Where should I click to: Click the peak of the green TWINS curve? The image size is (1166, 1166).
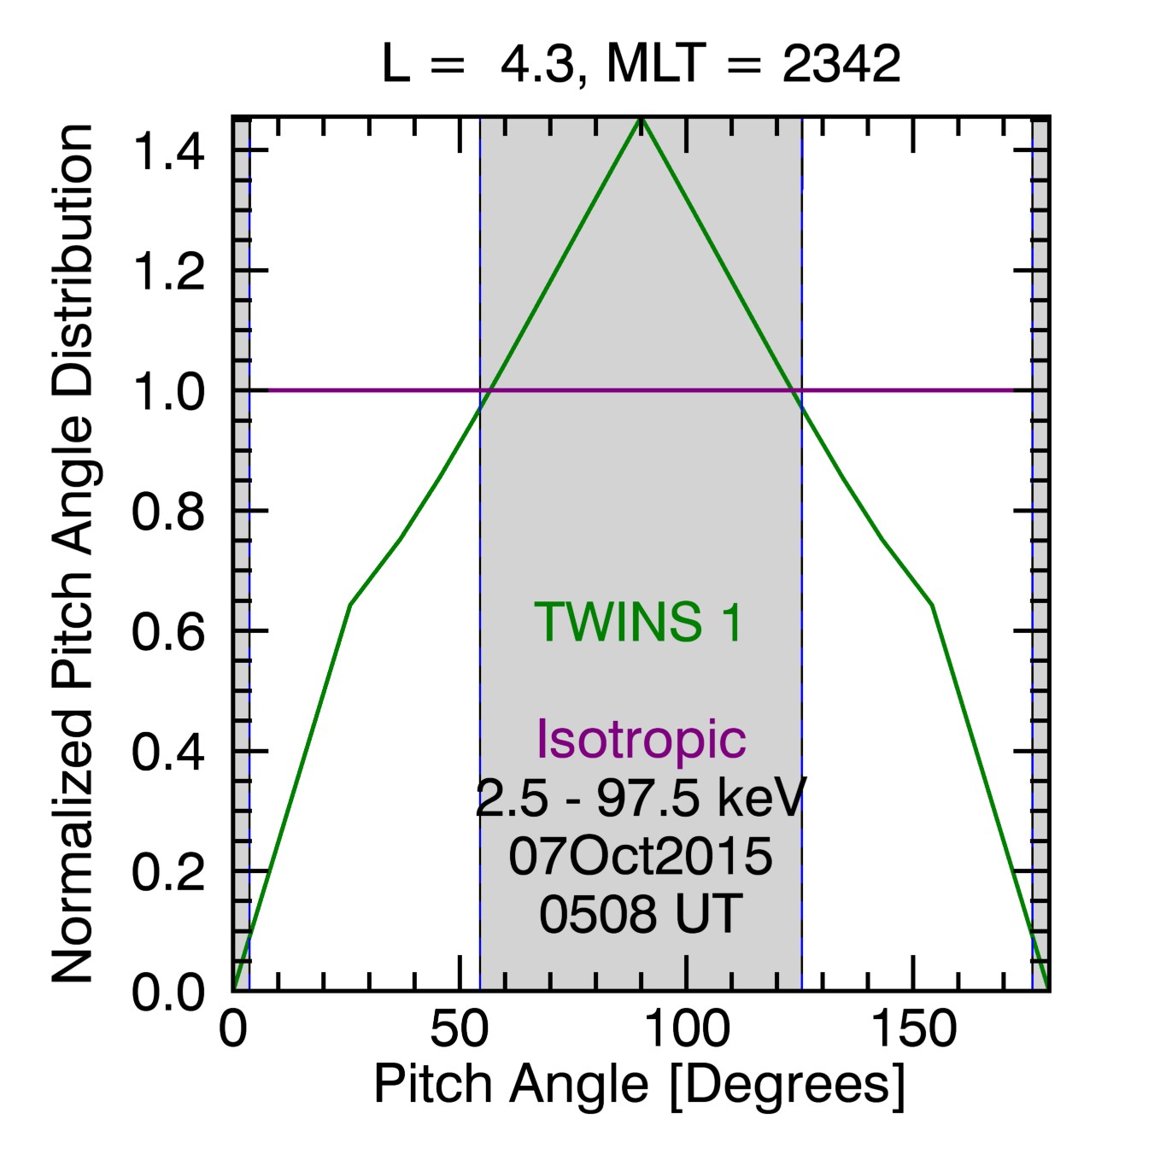coord(641,120)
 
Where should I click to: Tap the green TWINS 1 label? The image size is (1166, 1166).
coord(639,622)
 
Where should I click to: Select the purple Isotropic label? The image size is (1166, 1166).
coord(641,739)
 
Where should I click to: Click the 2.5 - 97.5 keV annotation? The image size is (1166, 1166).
coord(641,798)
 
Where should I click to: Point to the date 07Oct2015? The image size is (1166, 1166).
coord(641,856)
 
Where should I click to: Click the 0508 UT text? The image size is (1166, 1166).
coord(641,914)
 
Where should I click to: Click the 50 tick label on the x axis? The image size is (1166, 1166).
coord(460,1030)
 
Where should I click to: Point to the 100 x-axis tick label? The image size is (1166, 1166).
coord(686,1030)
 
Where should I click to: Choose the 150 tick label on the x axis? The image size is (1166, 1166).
coord(913,1030)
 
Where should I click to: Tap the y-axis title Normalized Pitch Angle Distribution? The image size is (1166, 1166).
coord(73,554)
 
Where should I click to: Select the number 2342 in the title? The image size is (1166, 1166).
coord(841,64)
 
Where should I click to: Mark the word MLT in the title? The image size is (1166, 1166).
coord(657,64)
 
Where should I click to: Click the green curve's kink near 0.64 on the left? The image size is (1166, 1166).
coord(350,605)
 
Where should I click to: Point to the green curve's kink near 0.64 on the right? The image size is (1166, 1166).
coord(932,605)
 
